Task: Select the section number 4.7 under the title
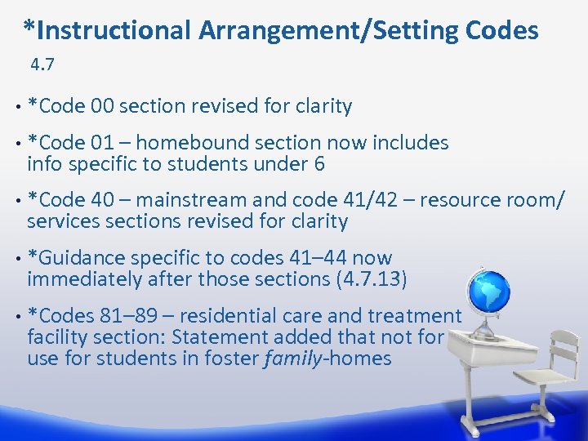point(42,63)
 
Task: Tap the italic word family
point(293,359)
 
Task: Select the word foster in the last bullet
point(232,359)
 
